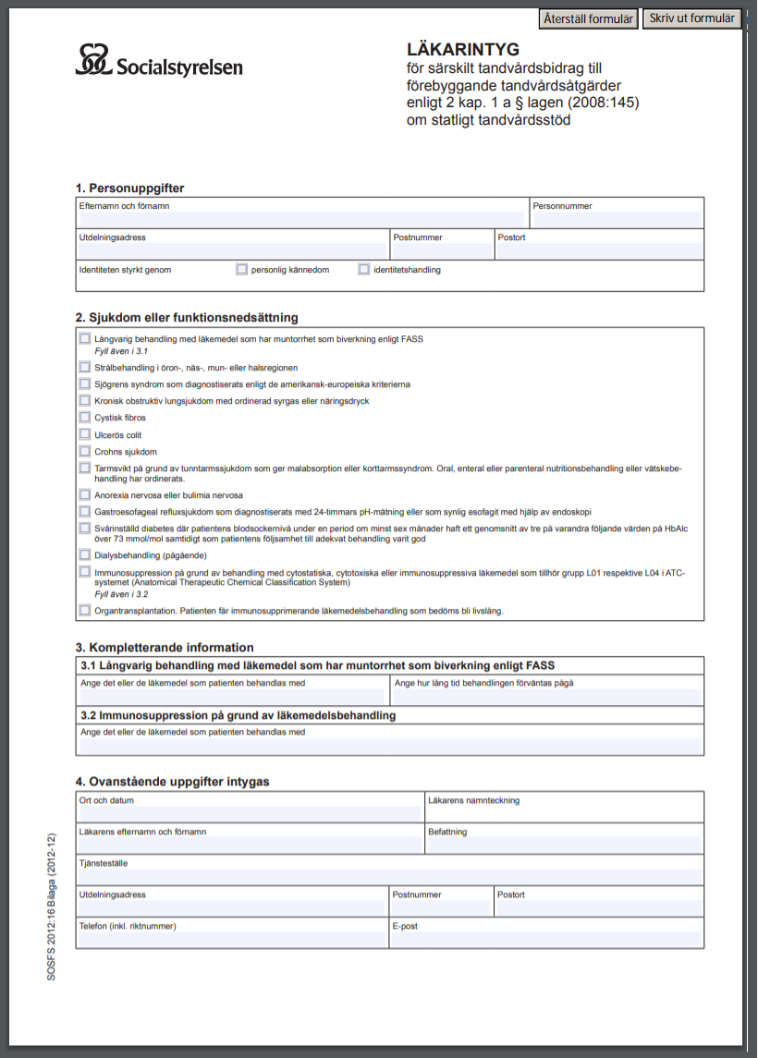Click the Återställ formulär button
click(588, 19)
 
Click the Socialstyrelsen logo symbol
click(93, 59)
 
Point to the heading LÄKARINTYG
click(463, 49)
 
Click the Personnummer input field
click(616, 220)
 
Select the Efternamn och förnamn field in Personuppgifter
click(300, 220)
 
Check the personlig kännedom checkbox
click(242, 270)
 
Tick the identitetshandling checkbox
click(364, 270)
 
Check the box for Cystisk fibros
click(85, 418)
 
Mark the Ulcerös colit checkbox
click(85, 434)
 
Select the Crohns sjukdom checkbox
click(85, 451)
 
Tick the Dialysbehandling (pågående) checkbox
click(85, 555)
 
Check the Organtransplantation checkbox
click(85, 611)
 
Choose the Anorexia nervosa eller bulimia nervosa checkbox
click(85, 494)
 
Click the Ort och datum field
click(250, 814)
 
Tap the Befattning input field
click(563, 845)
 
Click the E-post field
click(545, 939)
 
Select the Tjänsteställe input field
click(389, 877)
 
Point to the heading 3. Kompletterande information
click(165, 647)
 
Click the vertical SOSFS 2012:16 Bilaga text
click(53, 906)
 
